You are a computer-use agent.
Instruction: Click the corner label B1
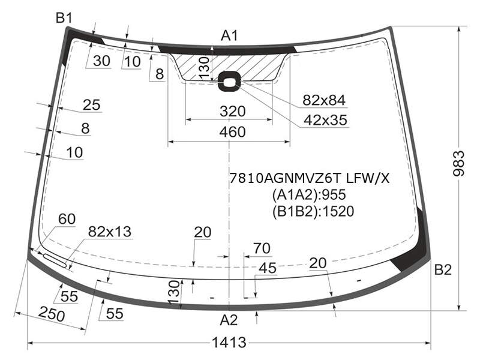64,19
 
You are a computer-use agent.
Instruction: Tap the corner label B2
443,269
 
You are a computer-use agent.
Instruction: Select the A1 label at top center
229,36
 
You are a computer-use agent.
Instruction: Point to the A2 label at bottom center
229,320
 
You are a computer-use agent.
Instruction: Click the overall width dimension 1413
229,343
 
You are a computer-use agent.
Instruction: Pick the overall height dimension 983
458,163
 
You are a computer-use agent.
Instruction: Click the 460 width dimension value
232,131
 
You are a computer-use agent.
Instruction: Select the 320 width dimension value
232,111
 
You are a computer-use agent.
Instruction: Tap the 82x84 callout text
324,100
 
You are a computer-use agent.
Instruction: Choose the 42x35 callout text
325,121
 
